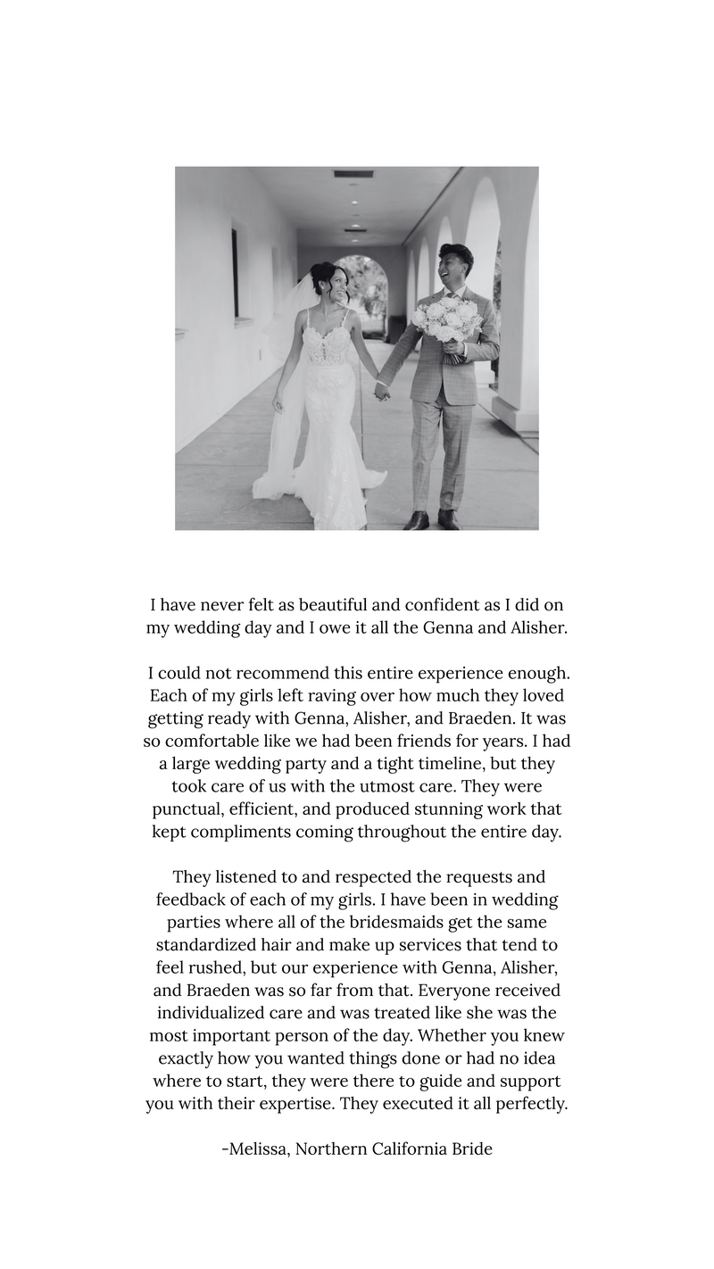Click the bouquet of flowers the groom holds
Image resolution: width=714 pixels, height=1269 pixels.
point(444,323)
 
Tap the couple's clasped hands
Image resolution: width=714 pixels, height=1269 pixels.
point(382,391)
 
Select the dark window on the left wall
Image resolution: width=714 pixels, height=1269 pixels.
point(236,273)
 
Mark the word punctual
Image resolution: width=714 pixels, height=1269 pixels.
point(187,809)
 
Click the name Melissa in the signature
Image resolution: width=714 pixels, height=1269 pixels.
point(257,1149)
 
